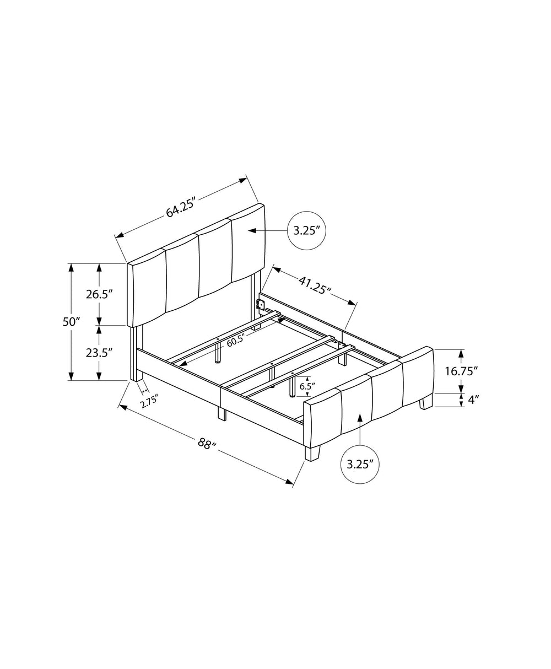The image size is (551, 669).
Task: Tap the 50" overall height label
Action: pyautogui.click(x=71, y=322)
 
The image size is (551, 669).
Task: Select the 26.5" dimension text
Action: pyautogui.click(x=99, y=294)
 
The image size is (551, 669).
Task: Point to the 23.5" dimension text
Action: pyautogui.click(x=99, y=353)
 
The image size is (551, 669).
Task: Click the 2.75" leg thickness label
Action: pyautogui.click(x=150, y=401)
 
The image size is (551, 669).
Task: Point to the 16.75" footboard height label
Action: pyautogui.click(x=462, y=371)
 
